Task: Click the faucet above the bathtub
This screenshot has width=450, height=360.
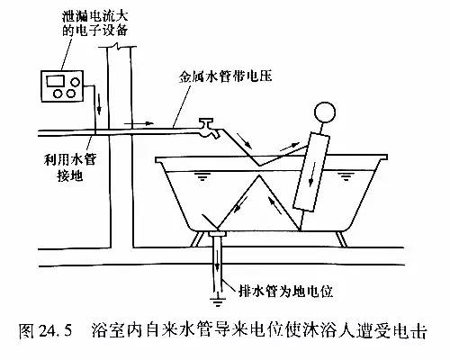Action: coord(207,128)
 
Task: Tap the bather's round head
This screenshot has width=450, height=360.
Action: coord(324,112)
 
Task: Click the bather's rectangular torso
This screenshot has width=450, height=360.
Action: coord(311,171)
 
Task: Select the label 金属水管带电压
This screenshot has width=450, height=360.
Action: coord(225,76)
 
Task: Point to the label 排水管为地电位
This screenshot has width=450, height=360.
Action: coord(285,291)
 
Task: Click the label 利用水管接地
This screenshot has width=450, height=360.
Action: coord(69,167)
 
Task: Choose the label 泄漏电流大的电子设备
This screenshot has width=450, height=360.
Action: coord(94,23)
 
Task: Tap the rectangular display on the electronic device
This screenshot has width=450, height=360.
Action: coord(55,81)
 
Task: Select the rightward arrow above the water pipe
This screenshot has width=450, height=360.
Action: coord(139,123)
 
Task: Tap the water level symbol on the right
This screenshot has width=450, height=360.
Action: coord(346,176)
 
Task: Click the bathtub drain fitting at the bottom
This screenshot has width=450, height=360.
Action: coord(217,233)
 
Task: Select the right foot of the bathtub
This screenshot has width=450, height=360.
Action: coord(341,239)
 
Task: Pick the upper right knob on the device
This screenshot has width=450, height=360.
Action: coord(75,82)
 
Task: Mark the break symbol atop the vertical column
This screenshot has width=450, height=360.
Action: coord(118,46)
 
